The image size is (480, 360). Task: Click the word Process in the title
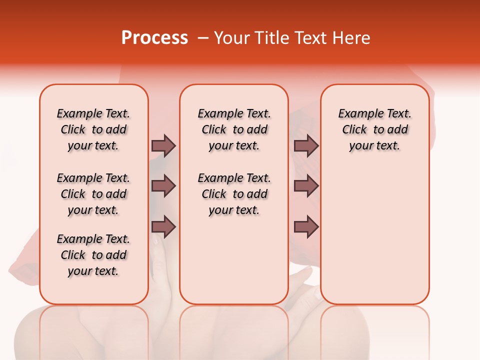pyautogui.click(x=154, y=38)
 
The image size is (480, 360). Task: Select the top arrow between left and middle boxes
pyautogui.click(x=163, y=145)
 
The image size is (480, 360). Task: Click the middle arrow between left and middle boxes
pyautogui.click(x=163, y=186)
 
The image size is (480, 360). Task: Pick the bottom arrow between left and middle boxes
pyautogui.click(x=163, y=227)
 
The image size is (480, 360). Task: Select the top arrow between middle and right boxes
pyautogui.click(x=306, y=145)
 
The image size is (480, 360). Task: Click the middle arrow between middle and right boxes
pyautogui.click(x=306, y=186)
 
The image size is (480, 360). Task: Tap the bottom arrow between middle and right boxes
pyautogui.click(x=306, y=227)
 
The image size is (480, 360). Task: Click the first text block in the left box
pyautogui.click(x=93, y=129)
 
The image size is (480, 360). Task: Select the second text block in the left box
pyautogui.click(x=93, y=194)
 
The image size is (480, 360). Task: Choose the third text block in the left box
pyautogui.click(x=93, y=255)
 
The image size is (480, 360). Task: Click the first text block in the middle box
pyautogui.click(x=234, y=129)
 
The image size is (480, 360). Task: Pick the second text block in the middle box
pyautogui.click(x=234, y=194)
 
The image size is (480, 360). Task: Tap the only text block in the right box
pyautogui.click(x=375, y=129)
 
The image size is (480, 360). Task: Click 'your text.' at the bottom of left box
pyautogui.click(x=93, y=271)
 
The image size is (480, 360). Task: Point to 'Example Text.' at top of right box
pyautogui.click(x=375, y=113)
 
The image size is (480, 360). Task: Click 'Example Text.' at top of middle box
pyautogui.click(x=234, y=113)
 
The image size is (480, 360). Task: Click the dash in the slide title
pyautogui.click(x=203, y=38)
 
